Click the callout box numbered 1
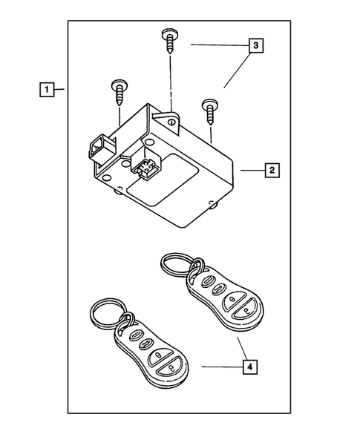(x=46, y=91)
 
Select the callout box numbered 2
(x=272, y=171)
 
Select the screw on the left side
(x=119, y=91)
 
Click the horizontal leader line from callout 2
(x=251, y=171)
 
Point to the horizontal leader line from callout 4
(x=223, y=366)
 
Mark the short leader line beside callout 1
(x=59, y=91)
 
